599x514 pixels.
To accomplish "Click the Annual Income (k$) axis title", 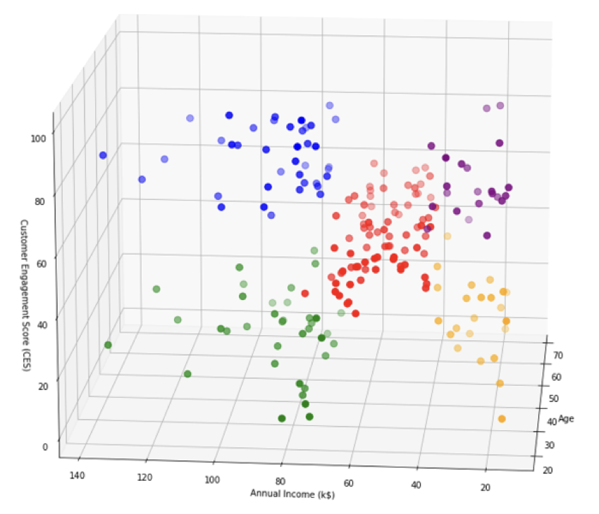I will click(292, 494).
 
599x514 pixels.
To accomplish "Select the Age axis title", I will click(567, 419).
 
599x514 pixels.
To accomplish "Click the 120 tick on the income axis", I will click(145, 478).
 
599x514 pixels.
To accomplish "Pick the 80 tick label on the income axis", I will click(281, 482).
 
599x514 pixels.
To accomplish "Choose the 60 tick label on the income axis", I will click(349, 484).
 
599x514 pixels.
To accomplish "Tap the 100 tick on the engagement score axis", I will click(38, 139).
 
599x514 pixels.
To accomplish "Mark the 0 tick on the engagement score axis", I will click(44, 446).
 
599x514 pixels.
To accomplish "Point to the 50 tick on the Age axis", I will click(554, 399).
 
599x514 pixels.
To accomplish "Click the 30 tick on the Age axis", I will click(550, 445).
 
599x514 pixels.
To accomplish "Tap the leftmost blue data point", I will click(103, 155).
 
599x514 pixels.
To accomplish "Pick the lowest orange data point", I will click(502, 419).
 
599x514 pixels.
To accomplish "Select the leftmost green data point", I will click(108, 345).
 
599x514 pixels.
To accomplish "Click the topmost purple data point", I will click(500, 106).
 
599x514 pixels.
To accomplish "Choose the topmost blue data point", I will click(330, 106).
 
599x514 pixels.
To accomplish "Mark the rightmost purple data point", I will click(509, 187).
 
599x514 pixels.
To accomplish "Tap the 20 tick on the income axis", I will click(485, 487).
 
